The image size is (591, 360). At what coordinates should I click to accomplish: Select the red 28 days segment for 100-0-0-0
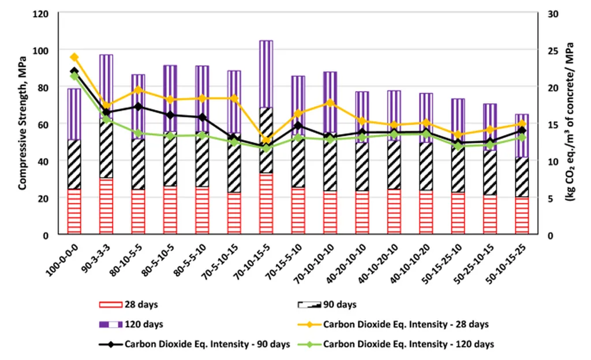[74, 211]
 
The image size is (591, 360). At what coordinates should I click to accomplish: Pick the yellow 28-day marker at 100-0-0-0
[74, 57]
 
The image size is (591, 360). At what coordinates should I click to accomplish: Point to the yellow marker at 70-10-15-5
[266, 140]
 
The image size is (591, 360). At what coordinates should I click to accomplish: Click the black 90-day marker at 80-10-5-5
[138, 107]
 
